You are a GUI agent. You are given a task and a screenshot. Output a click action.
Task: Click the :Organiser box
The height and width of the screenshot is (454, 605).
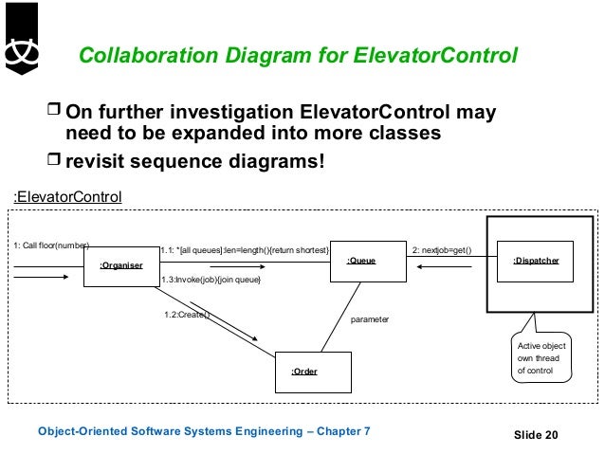point(122,265)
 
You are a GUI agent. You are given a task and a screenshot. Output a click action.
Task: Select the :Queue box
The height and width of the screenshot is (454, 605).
point(361,259)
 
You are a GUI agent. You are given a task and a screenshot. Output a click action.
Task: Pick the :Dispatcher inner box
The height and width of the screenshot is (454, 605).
point(535,260)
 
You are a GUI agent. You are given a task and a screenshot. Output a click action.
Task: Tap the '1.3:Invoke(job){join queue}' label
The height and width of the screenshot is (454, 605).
point(211,281)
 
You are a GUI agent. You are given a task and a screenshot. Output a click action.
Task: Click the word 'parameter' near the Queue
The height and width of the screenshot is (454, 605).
point(369,320)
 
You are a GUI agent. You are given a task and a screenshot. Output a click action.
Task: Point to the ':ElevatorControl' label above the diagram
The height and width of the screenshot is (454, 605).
point(67,197)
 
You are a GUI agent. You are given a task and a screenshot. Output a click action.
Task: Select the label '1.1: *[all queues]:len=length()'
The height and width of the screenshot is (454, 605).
point(245,249)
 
